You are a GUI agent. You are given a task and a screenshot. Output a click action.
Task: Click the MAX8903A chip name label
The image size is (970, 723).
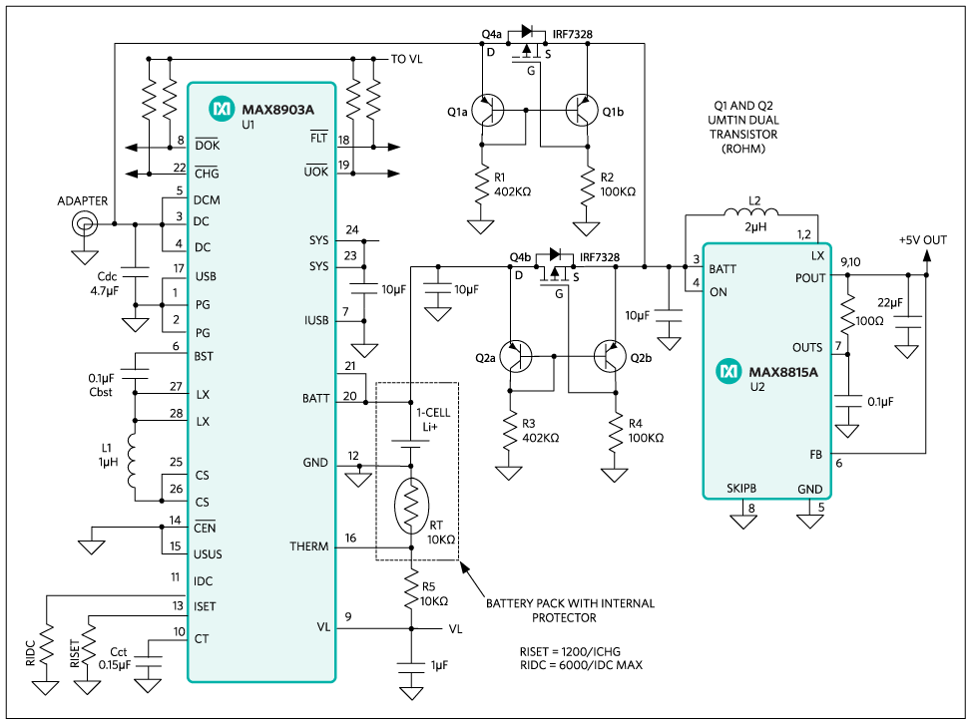pos(277,110)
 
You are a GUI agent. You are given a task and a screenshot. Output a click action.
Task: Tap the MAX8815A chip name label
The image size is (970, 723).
pos(783,372)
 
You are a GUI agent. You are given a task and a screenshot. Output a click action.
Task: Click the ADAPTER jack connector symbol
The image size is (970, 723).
pos(84,223)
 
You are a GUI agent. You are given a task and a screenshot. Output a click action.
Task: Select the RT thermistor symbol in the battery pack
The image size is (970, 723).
pos(411,507)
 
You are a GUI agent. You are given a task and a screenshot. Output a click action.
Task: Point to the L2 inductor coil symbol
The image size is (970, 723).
pos(751,212)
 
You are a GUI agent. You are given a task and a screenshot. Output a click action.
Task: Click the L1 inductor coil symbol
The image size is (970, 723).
pos(133,460)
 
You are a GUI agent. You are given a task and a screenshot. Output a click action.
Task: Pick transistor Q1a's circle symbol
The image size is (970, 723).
pos(487,112)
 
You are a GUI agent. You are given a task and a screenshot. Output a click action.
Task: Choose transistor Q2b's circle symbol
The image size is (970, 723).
pos(610,357)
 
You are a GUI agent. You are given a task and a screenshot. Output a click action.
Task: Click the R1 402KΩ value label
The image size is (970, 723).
pos(513,191)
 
